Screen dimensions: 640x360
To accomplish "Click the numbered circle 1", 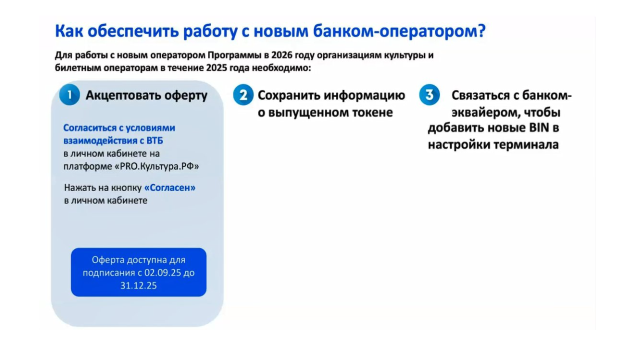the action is click(x=69, y=95).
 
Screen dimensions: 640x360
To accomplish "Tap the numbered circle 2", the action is click(x=243, y=95).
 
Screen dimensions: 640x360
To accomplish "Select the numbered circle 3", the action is click(x=429, y=95).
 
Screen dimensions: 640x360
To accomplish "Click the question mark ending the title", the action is click(x=481, y=30).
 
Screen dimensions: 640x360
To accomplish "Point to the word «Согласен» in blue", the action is click(x=170, y=187).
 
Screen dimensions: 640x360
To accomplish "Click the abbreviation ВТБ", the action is click(x=155, y=140).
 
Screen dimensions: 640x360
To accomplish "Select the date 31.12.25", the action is click(x=138, y=285).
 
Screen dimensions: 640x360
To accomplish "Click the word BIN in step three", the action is click(x=539, y=127).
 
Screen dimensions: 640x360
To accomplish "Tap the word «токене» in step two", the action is click(x=372, y=112).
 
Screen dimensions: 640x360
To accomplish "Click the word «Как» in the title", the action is click(x=69, y=31).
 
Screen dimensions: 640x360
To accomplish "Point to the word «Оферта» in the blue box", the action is click(x=107, y=260).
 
